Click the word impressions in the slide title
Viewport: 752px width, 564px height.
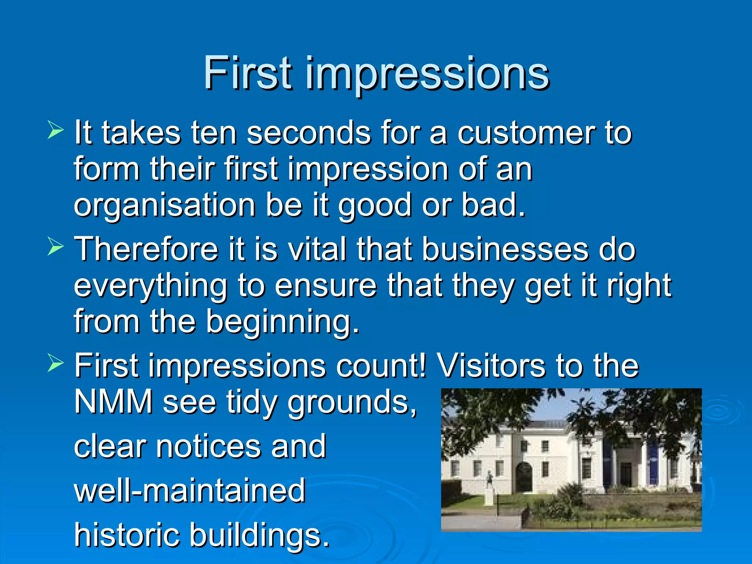pyautogui.click(x=427, y=75)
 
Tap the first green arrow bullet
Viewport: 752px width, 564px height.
pyautogui.click(x=56, y=131)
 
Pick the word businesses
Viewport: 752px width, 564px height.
pyautogui.click(x=505, y=249)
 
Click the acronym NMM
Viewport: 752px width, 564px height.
pyautogui.click(x=113, y=402)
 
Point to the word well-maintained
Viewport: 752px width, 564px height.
pyautogui.click(x=190, y=491)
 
